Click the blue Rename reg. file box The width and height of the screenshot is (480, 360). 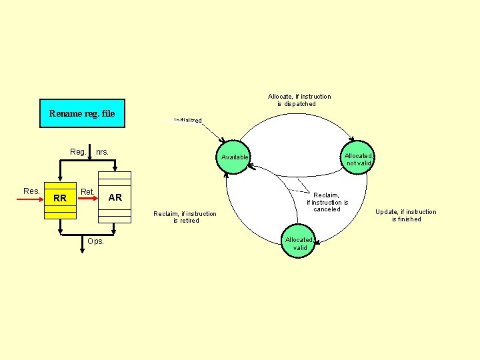coord(82,113)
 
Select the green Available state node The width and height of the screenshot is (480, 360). coord(235,157)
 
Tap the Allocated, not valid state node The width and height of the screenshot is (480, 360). coord(359,159)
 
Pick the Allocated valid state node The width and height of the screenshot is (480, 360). coord(299,243)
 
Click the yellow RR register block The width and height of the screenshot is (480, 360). coord(60,200)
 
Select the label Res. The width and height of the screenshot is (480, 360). coord(31,191)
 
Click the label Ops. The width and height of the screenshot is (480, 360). coord(95,241)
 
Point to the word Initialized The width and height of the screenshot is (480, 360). coord(187,121)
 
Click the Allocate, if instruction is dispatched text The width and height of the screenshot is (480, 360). coord(299,100)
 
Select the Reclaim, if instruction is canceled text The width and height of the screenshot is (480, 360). coord(327,202)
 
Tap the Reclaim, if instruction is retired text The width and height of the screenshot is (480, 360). coord(185,217)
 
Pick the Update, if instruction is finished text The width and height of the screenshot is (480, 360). coord(405,215)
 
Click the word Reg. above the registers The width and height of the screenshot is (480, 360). coord(78,152)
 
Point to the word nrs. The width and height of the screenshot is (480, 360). coord(102,152)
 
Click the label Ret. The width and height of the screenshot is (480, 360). coord(87,192)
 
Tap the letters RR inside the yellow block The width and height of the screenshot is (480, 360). coord(60,199)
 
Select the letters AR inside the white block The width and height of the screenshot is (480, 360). coord(115,197)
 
